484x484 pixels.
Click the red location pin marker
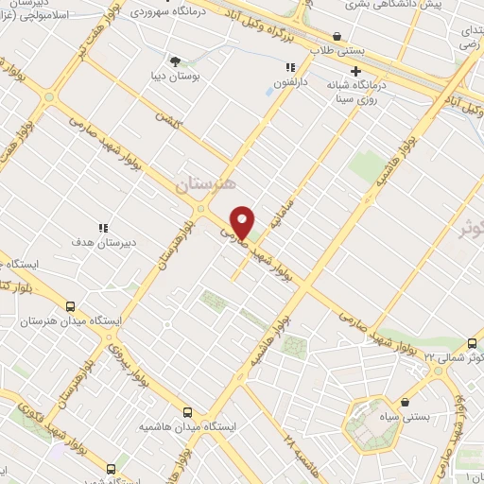[242, 221]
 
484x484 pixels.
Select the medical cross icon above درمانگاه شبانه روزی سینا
[355, 71]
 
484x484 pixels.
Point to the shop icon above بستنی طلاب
[337, 37]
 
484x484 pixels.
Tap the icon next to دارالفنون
[290, 67]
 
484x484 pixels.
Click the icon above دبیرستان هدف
[103, 228]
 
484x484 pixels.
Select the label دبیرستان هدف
[105, 242]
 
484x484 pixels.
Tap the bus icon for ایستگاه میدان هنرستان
[70, 306]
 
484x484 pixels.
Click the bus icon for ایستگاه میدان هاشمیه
[186, 412]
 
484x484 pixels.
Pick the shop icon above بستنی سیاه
[405, 402]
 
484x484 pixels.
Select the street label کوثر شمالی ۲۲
[453, 356]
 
